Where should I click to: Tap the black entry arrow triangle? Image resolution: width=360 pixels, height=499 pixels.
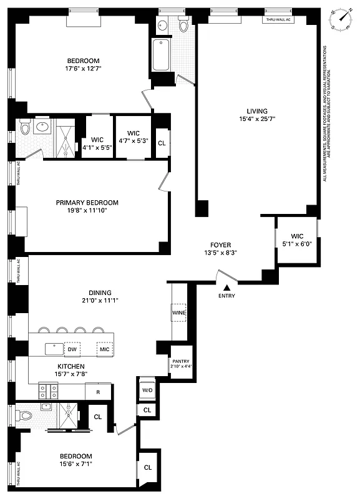click(x=226, y=286)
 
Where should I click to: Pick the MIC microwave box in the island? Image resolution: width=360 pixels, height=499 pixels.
click(x=104, y=350)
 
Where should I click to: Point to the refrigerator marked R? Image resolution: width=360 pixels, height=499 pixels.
click(x=98, y=392)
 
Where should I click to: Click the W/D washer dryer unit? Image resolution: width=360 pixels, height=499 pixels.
click(x=147, y=390)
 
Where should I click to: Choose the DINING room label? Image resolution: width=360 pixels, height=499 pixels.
click(x=100, y=292)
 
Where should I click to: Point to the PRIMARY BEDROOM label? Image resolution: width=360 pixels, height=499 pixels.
click(x=87, y=203)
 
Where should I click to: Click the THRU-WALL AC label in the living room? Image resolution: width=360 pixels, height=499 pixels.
click(x=279, y=20)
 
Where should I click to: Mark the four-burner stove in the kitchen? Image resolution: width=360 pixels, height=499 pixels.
click(x=49, y=391)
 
